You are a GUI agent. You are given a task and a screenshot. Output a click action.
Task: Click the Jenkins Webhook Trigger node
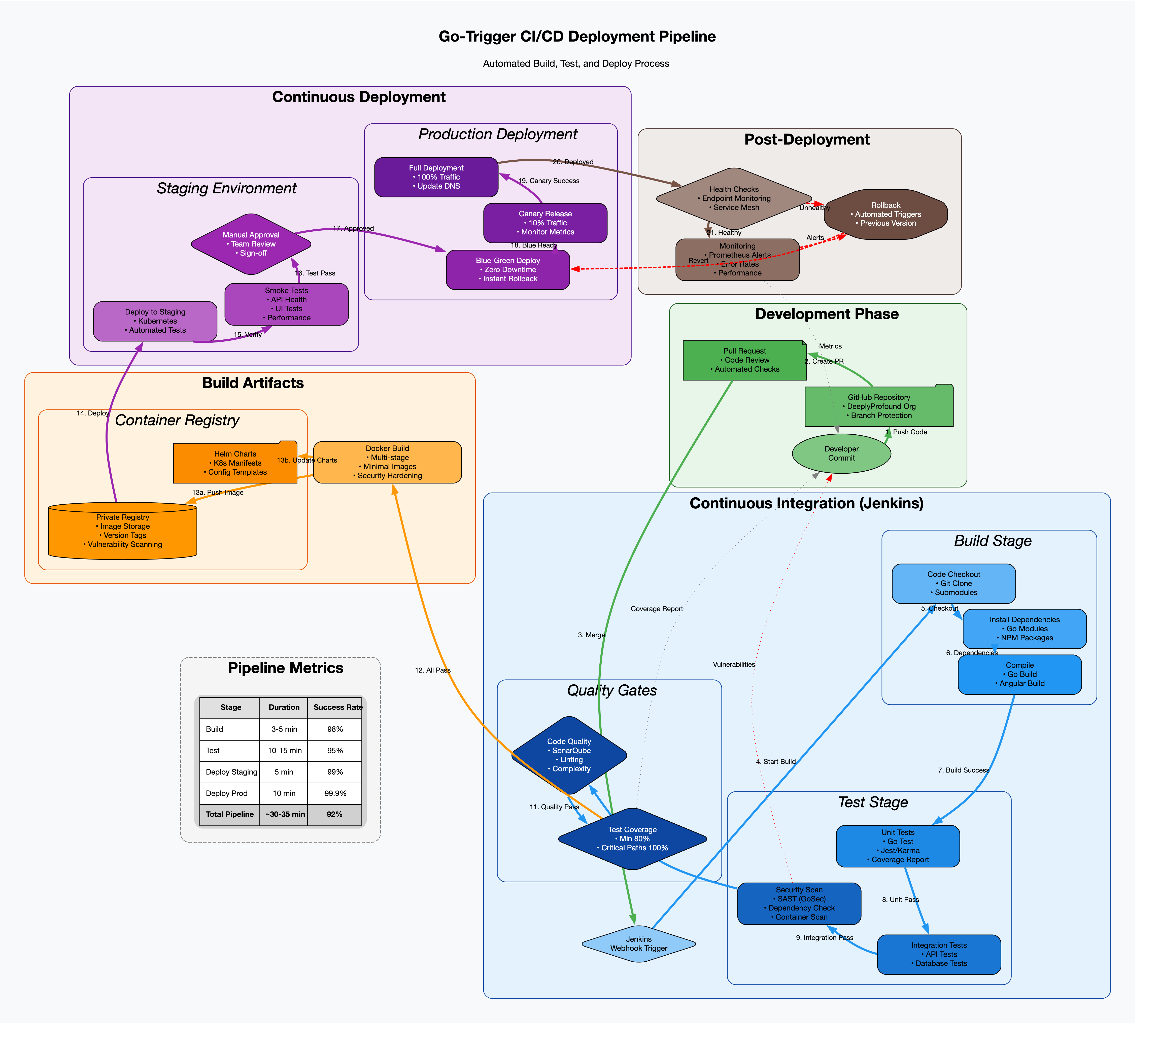tap(639, 944)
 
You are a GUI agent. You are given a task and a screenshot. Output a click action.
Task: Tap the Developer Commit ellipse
tap(841, 453)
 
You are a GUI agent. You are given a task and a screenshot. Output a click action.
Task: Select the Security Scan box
tap(799, 903)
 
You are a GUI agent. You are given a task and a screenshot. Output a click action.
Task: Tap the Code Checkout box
tap(953, 583)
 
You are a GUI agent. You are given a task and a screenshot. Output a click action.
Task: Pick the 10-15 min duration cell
tap(284, 750)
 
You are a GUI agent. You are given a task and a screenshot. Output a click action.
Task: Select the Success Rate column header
tap(338, 707)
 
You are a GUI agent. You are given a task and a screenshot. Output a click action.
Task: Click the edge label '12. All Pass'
tap(433, 670)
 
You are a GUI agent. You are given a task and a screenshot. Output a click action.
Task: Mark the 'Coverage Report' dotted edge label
tap(657, 609)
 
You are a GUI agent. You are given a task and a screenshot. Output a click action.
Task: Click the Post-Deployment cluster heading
tap(807, 140)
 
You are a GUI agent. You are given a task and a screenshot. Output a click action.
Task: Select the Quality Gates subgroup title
tap(612, 690)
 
